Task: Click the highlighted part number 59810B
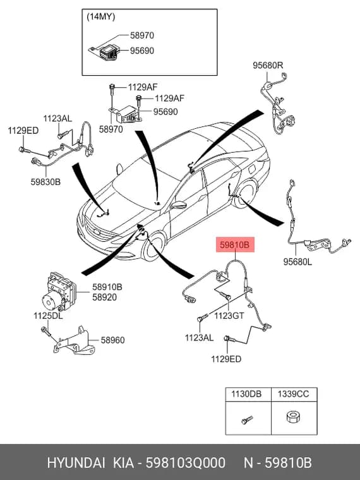(235, 244)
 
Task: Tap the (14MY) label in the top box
(101, 16)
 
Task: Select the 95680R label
(268, 65)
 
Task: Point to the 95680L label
(297, 261)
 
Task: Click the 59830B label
(45, 182)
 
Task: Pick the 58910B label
(107, 287)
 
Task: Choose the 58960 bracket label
(112, 340)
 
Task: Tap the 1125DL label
(48, 316)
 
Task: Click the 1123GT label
(229, 315)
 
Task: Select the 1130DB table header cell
(248, 394)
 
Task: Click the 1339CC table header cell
(294, 394)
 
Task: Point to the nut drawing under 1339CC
(293, 417)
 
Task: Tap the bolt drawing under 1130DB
(247, 419)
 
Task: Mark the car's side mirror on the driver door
(179, 205)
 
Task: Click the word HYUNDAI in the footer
(76, 462)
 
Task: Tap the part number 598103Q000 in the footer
(186, 462)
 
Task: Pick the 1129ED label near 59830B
(23, 131)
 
